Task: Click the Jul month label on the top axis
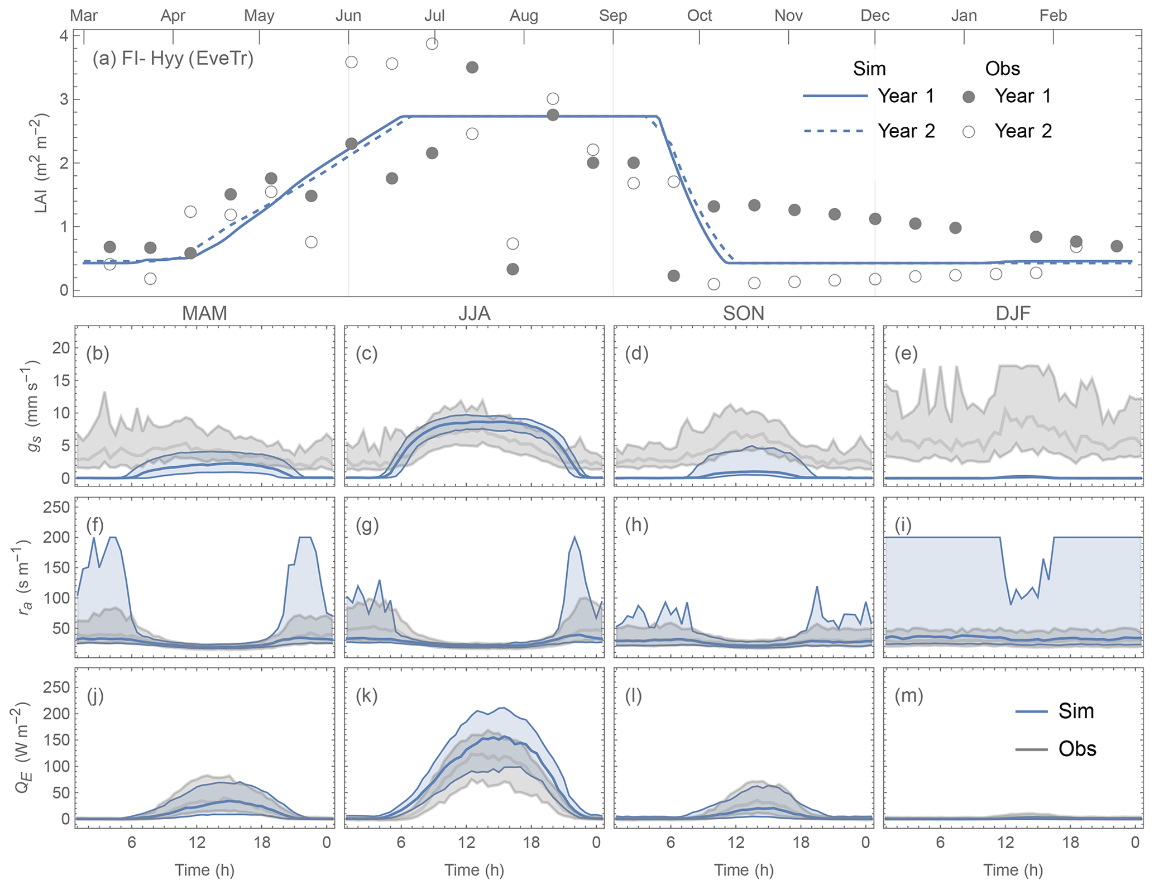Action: click(434, 15)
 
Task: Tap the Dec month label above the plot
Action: click(874, 15)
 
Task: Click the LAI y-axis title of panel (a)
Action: click(41, 164)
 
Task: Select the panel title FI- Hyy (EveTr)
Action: click(173, 59)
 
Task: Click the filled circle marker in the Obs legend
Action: click(969, 97)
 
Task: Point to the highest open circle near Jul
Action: click(432, 44)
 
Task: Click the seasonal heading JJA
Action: click(474, 313)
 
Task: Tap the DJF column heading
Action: click(1013, 313)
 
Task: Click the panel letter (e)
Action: click(906, 354)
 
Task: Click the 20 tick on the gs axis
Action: click(61, 348)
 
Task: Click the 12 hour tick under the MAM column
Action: click(197, 842)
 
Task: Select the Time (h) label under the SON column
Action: click(744, 870)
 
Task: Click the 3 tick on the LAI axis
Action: click(64, 99)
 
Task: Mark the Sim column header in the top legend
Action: click(869, 69)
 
